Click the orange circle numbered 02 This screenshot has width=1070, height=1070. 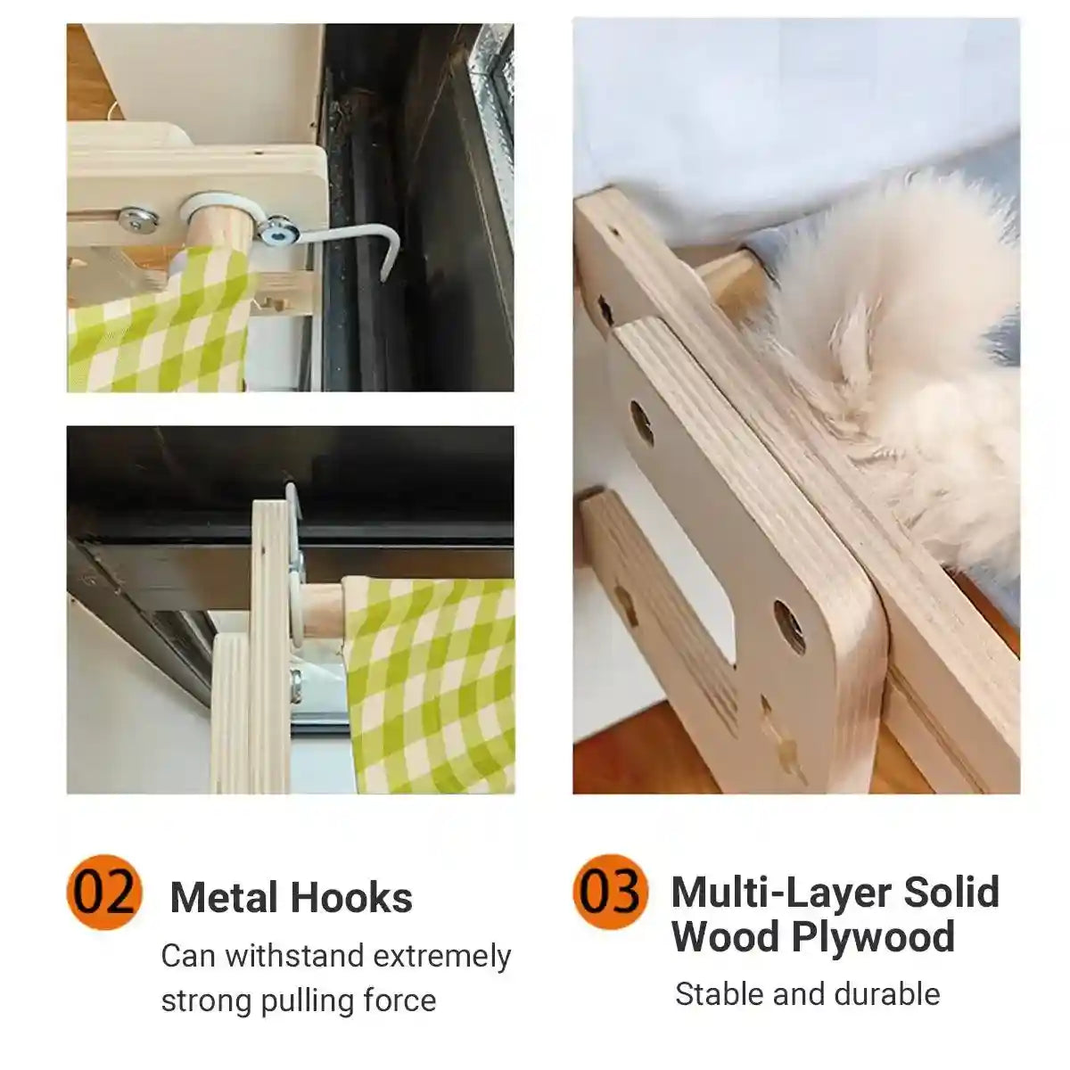[104, 892]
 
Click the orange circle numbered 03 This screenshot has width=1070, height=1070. [611, 892]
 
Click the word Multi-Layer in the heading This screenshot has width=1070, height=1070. [780, 892]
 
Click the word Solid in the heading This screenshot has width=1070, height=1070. [951, 892]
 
